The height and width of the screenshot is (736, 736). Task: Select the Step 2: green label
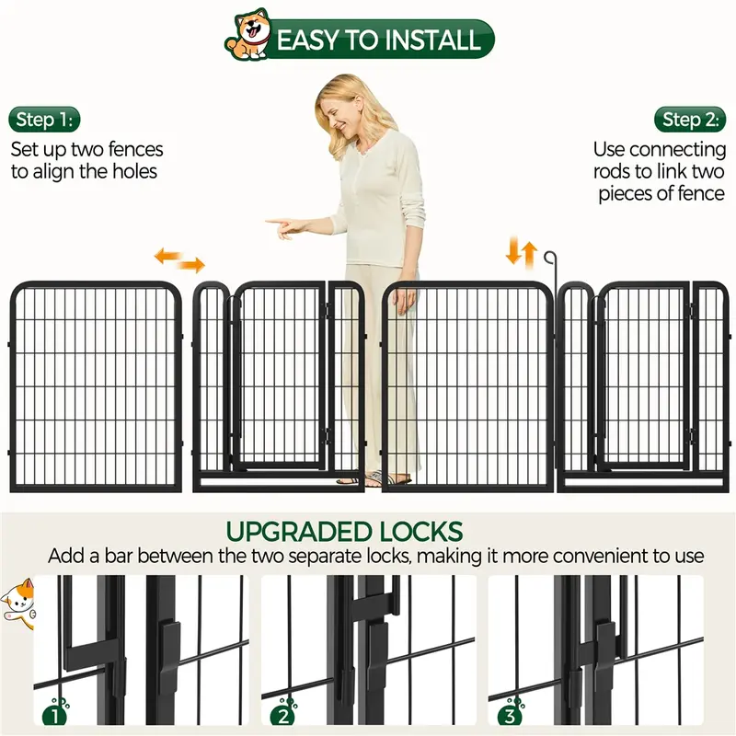tap(690, 120)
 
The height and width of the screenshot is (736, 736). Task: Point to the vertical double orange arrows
tap(523, 250)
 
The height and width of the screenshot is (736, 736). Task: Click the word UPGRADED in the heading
tap(296, 532)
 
